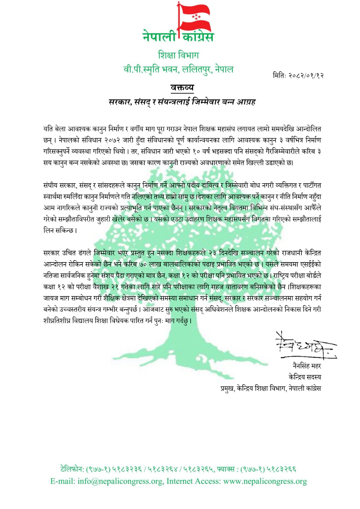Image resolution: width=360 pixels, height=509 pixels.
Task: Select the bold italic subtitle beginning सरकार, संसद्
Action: point(182,102)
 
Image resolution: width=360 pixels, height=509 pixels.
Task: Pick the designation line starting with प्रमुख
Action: point(271,388)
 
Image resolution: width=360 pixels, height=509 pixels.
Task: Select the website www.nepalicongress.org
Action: point(265,481)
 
